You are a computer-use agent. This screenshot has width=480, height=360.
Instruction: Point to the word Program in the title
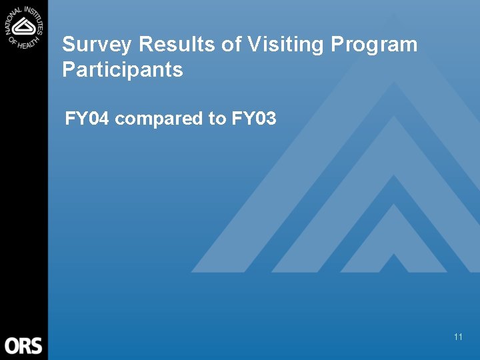[374, 45]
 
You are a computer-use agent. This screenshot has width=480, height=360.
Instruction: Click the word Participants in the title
[122, 69]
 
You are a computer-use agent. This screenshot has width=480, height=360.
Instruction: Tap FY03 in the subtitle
[254, 119]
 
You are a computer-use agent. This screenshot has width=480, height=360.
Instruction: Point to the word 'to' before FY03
[217, 120]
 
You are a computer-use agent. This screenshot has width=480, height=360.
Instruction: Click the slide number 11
[458, 337]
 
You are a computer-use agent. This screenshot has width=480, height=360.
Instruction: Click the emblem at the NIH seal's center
[25, 27]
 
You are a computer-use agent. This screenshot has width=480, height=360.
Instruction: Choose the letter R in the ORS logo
[25, 346]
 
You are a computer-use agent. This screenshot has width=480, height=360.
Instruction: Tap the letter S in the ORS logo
[36, 346]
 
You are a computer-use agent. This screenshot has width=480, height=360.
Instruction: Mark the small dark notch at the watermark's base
[393, 263]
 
